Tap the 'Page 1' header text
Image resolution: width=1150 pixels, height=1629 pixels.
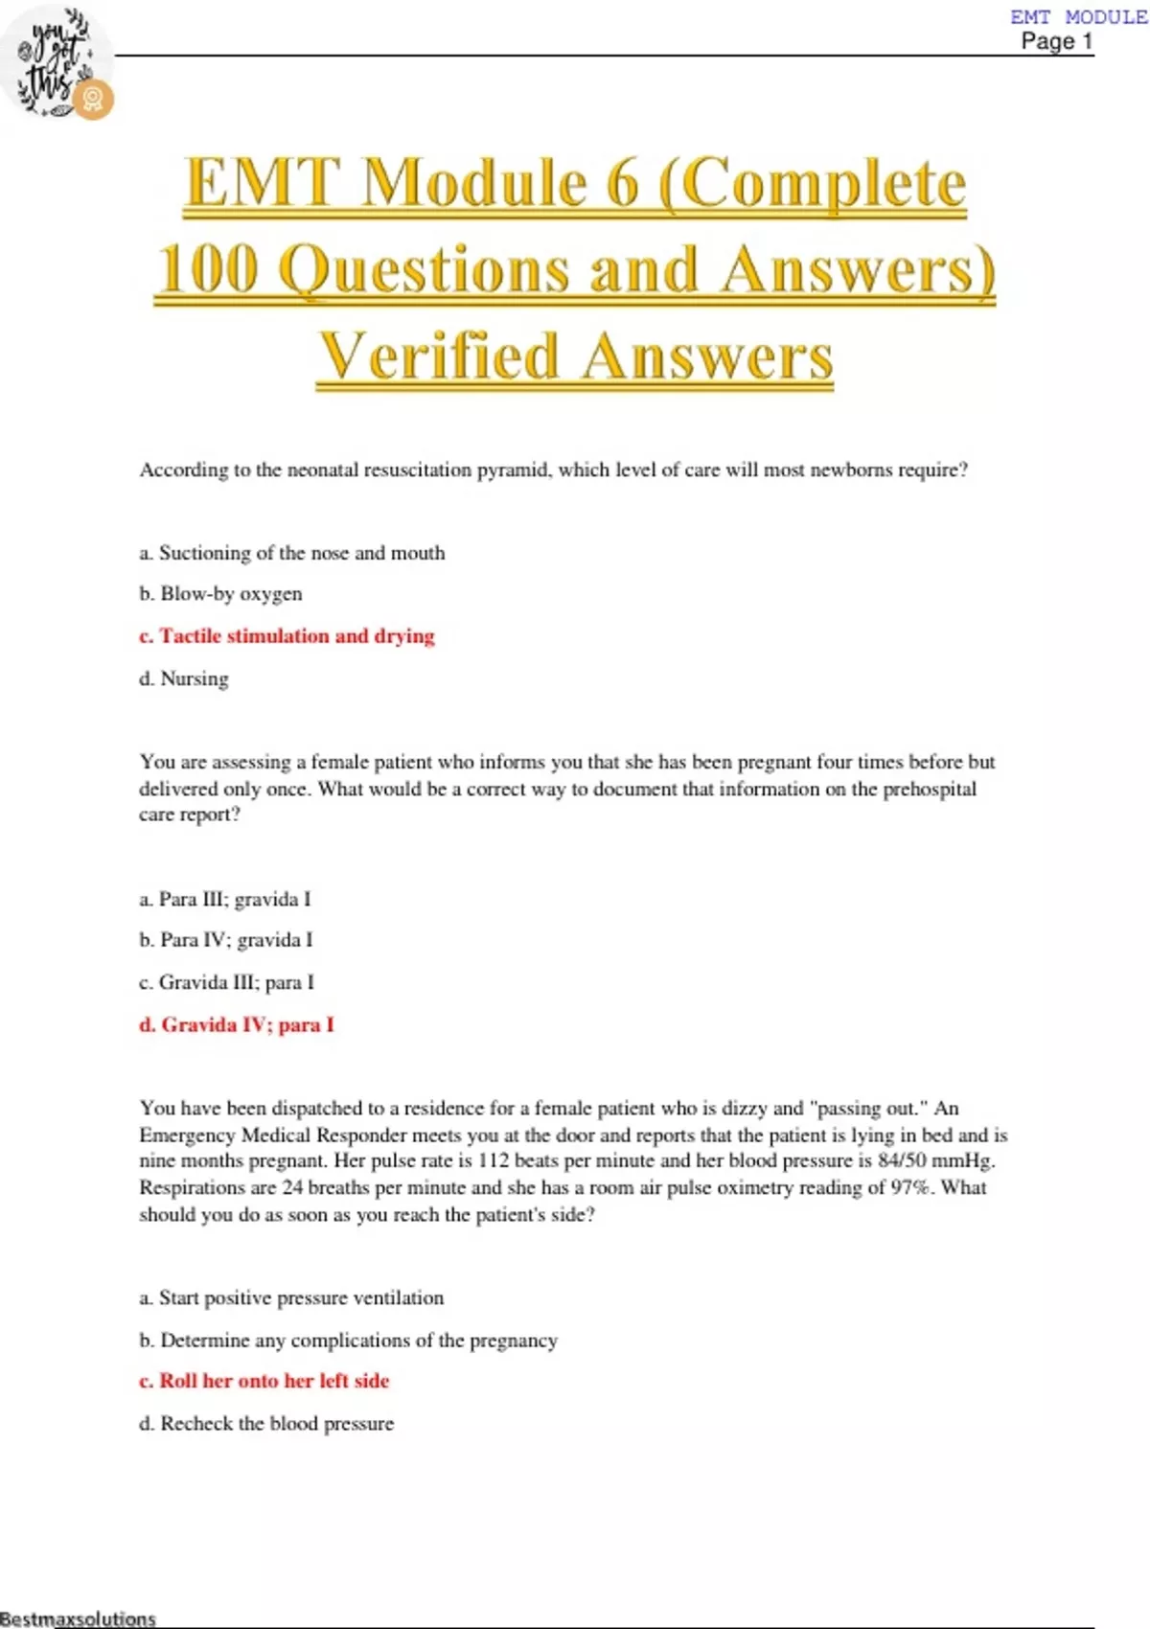(1056, 41)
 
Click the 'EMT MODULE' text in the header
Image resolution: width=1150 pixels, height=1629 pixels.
(1078, 16)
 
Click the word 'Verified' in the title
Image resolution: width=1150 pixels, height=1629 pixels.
(439, 356)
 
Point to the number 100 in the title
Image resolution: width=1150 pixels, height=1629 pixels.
(209, 269)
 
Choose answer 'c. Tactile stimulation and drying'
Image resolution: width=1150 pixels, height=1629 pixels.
(287, 636)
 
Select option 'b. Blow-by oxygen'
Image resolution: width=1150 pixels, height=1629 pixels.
(220, 594)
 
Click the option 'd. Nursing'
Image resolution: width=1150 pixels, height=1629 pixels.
(184, 678)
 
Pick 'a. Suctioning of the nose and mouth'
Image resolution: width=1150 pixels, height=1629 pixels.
(292, 553)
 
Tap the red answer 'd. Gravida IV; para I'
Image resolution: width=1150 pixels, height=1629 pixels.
(237, 1024)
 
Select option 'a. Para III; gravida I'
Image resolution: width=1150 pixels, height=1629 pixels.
(225, 899)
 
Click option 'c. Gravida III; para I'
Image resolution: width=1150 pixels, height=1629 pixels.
(226, 982)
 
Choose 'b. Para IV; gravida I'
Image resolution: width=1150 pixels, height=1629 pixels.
(226, 940)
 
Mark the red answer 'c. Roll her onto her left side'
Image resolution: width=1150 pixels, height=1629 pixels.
(264, 1381)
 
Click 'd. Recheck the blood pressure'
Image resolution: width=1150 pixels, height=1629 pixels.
(266, 1423)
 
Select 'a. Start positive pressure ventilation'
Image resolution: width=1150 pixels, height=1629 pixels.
(291, 1297)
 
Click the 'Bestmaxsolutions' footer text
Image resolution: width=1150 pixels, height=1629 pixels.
(78, 1618)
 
